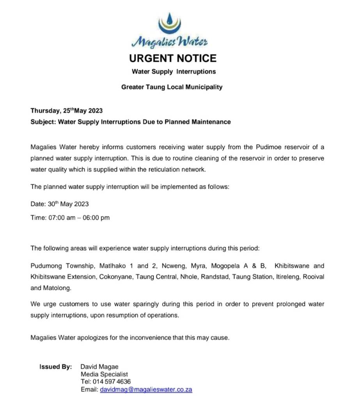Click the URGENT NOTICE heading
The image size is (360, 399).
click(x=172, y=59)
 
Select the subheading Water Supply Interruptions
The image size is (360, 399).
click(x=174, y=72)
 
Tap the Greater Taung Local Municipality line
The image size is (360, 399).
click(x=172, y=87)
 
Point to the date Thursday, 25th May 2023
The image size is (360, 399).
click(x=67, y=110)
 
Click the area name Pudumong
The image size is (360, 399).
click(x=46, y=266)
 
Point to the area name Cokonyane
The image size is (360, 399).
click(x=115, y=277)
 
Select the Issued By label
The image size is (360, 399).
click(x=56, y=367)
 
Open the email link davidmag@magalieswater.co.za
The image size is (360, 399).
click(x=146, y=389)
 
